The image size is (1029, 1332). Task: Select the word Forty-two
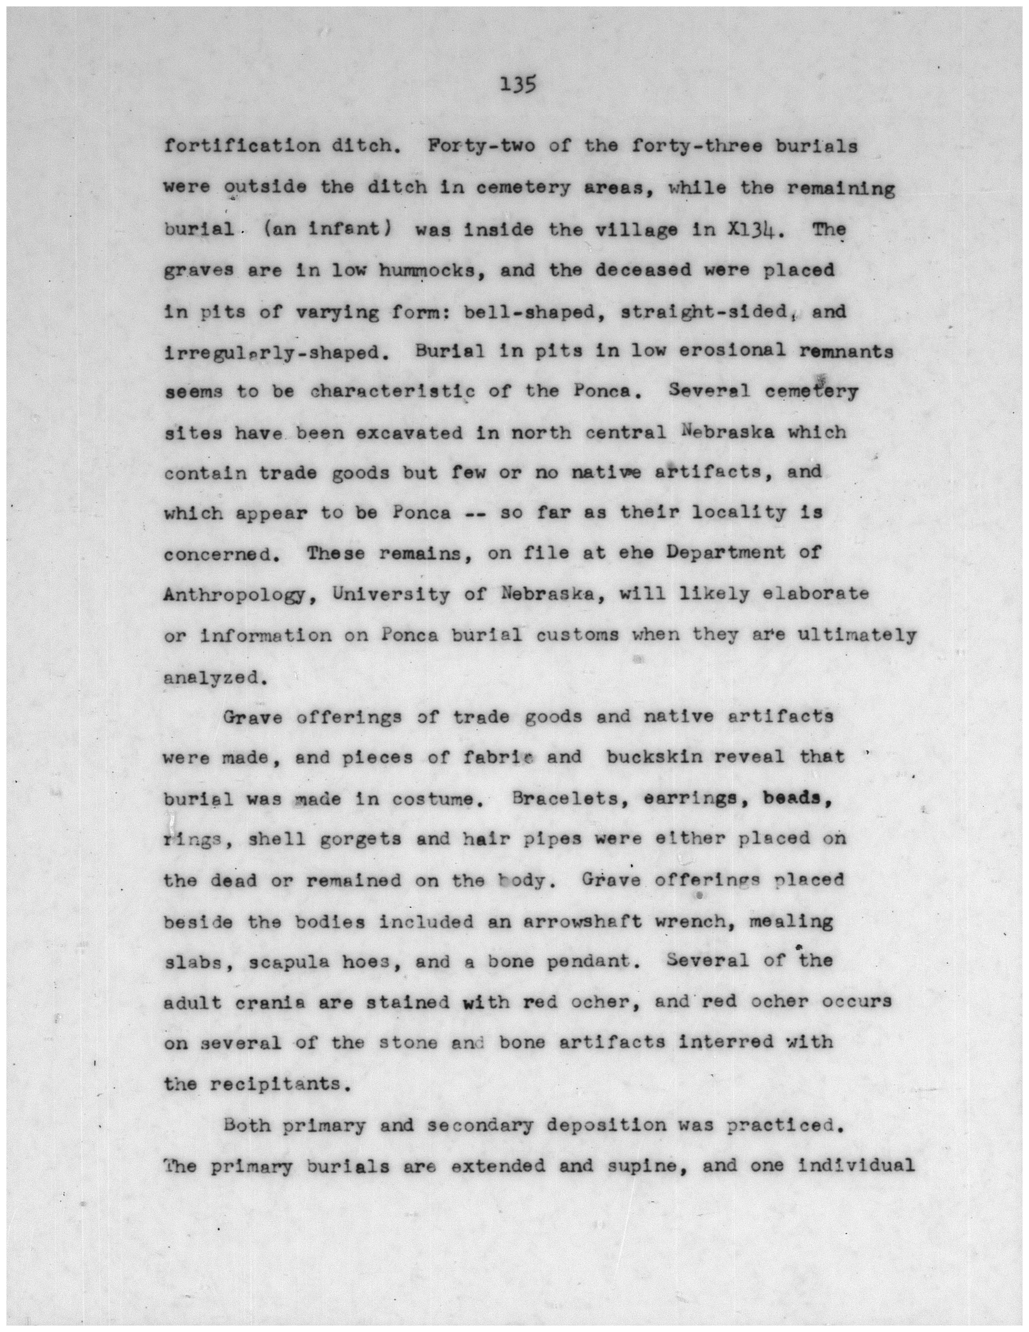(x=482, y=147)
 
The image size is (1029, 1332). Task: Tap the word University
(x=391, y=594)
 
